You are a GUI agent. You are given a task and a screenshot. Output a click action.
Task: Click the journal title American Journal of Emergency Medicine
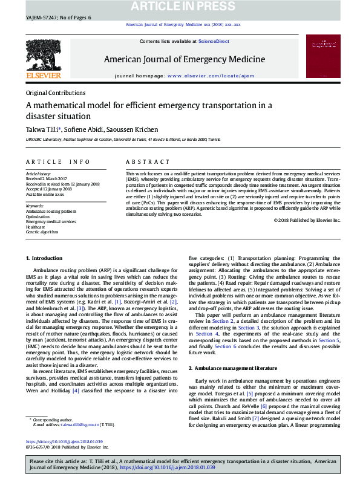[184, 59]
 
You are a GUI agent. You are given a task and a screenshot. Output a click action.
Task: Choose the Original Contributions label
[56, 93]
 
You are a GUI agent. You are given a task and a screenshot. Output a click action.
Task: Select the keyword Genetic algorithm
[42, 232]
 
